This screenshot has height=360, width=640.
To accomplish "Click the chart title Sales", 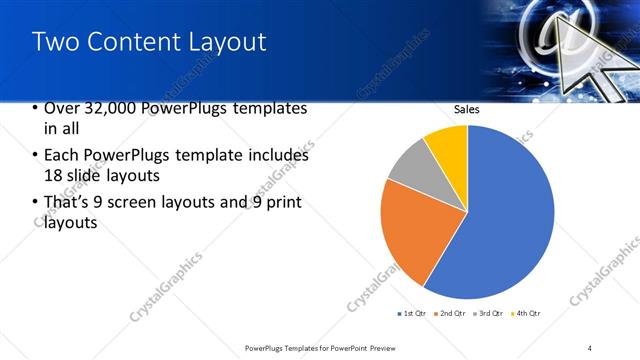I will (x=467, y=109).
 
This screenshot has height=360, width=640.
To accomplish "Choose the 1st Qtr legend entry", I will (x=412, y=314).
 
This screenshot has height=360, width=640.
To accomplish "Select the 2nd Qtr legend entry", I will (x=451, y=314).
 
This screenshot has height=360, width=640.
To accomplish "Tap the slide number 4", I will (x=590, y=347).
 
